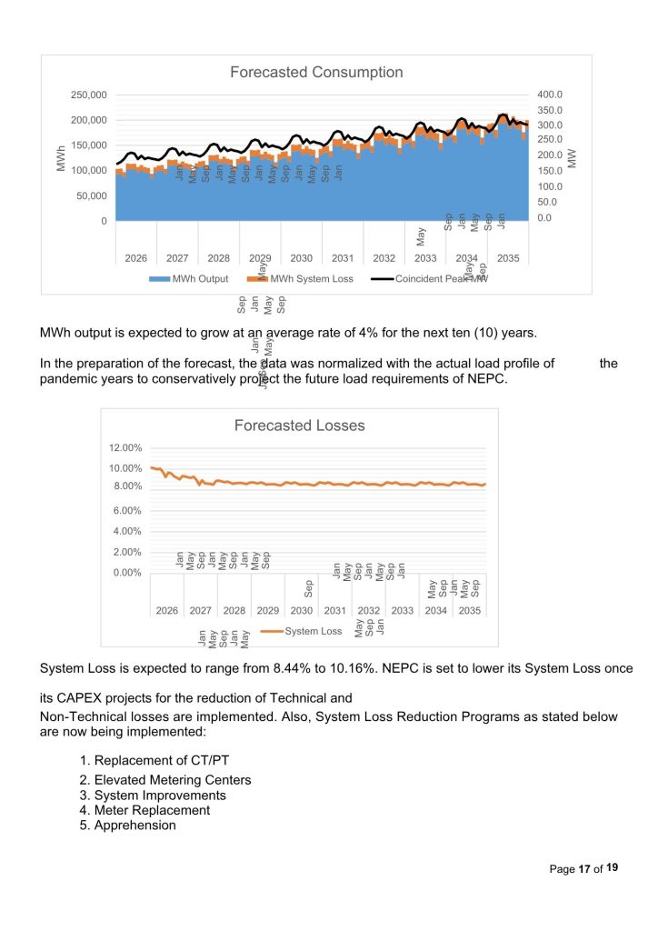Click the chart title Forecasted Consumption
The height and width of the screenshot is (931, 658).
(316, 73)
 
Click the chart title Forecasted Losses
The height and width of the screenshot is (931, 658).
(299, 425)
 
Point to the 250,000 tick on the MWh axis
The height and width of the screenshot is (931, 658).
(89, 95)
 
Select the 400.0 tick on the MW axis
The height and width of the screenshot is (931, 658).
(551, 95)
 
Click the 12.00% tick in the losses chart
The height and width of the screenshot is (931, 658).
(126, 448)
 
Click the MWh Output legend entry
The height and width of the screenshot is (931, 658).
(200, 279)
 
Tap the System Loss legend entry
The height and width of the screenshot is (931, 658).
(313, 631)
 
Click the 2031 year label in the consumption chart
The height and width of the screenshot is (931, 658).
(343, 258)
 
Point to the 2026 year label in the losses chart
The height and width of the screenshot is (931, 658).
(167, 611)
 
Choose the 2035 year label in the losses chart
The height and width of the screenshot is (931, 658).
(469, 611)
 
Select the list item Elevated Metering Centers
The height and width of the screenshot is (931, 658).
(173, 780)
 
